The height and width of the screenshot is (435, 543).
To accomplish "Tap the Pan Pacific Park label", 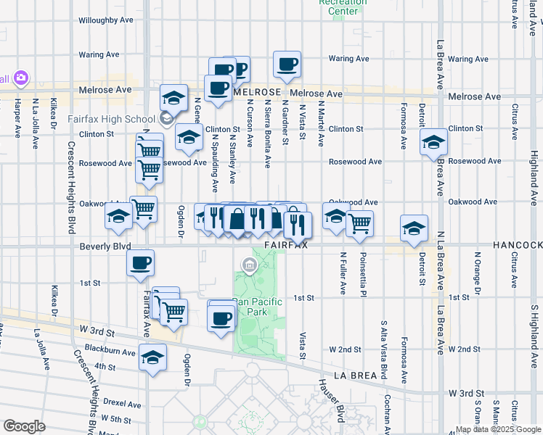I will point(250,307).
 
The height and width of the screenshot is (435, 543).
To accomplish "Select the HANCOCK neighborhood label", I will point(517,246).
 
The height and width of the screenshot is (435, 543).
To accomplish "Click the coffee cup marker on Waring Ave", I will point(287,65).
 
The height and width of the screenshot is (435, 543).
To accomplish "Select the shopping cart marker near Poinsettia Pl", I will point(359,223).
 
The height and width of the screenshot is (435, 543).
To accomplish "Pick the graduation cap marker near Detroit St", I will point(414,228).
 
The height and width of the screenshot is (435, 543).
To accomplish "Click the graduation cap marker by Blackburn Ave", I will point(153,357).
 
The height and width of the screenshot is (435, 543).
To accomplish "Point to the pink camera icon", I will point(20,78).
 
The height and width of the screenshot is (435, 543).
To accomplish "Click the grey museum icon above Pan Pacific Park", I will point(250,267).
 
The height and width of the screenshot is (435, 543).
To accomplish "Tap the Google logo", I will point(24,426).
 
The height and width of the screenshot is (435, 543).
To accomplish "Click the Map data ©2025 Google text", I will point(497,429).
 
